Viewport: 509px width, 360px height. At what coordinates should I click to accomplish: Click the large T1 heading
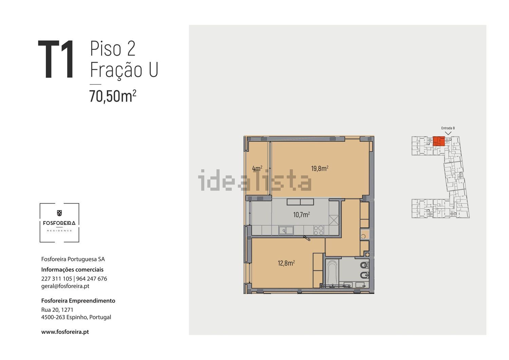point(56,59)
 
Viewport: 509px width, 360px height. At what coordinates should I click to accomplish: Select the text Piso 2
point(113,48)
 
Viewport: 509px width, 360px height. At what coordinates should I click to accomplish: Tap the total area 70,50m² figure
point(113,96)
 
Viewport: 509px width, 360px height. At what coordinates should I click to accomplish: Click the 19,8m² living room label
point(320,168)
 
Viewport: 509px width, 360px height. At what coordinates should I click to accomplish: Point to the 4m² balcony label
point(257,168)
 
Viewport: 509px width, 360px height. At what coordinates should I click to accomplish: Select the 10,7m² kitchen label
point(302,214)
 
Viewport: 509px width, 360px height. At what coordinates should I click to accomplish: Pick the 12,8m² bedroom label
point(286,263)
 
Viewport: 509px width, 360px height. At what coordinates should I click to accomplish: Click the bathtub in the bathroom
point(332,273)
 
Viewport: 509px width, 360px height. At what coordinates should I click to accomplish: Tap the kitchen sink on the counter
point(286,230)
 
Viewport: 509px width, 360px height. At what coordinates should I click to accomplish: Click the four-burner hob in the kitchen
point(318,230)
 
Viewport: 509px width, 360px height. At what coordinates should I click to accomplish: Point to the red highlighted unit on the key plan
point(439,141)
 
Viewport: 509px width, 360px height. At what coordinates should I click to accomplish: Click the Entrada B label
point(448,128)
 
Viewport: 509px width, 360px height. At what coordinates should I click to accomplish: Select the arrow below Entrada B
point(448,133)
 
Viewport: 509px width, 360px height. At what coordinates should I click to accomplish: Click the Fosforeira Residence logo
point(59,223)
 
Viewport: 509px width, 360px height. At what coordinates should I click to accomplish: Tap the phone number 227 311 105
point(57,279)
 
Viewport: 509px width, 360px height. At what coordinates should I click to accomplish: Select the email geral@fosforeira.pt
point(65,286)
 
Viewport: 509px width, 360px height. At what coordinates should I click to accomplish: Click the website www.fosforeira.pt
point(65,332)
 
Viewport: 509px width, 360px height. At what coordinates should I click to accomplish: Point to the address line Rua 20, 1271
point(57,310)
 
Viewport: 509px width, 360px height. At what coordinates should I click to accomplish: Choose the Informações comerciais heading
point(72,270)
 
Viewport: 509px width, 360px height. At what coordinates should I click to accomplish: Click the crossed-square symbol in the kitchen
point(334,220)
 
